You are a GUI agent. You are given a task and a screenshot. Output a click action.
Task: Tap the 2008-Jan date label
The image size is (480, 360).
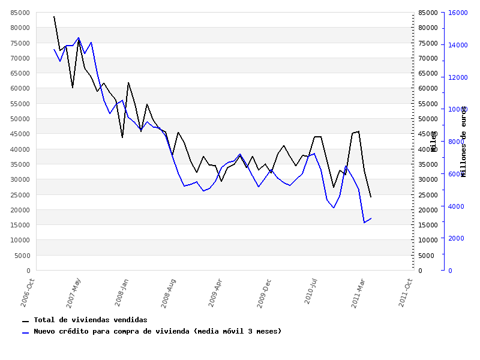tap(122, 292)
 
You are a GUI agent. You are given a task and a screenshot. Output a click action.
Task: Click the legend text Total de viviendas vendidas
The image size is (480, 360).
tap(90, 320)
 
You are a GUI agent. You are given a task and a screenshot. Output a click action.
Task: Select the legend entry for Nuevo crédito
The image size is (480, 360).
tap(157, 331)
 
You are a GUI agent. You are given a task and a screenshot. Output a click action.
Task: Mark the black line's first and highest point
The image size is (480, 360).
tap(53, 16)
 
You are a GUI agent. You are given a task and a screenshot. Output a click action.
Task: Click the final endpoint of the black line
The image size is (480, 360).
tap(371, 197)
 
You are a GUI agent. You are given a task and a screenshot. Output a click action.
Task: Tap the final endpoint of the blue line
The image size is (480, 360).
tap(371, 218)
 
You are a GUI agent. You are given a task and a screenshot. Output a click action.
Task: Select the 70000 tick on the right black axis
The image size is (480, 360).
tap(427, 58)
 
